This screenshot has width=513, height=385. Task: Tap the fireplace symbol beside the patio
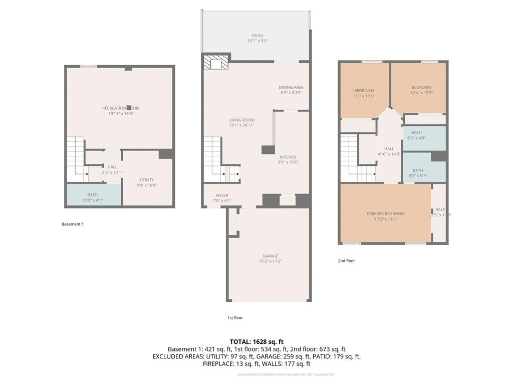click(216, 62)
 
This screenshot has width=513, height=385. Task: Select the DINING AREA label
click(291, 87)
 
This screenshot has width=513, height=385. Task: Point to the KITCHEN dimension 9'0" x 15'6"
click(288, 162)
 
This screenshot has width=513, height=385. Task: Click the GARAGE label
click(270, 256)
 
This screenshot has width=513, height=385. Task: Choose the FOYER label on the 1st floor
click(222, 196)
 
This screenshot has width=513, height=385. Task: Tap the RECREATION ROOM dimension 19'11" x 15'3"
click(121, 114)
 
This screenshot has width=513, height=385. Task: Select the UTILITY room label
click(147, 179)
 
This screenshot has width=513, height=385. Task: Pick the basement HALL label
click(112, 167)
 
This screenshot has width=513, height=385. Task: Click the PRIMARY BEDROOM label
click(386, 214)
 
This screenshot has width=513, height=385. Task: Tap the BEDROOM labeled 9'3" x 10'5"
click(364, 93)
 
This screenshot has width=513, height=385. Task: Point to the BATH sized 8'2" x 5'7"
click(418, 173)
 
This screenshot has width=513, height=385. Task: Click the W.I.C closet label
click(441, 210)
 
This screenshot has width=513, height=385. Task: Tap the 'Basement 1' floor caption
click(73, 224)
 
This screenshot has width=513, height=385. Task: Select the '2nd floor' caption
click(346, 261)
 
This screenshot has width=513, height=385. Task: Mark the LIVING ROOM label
click(241, 120)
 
